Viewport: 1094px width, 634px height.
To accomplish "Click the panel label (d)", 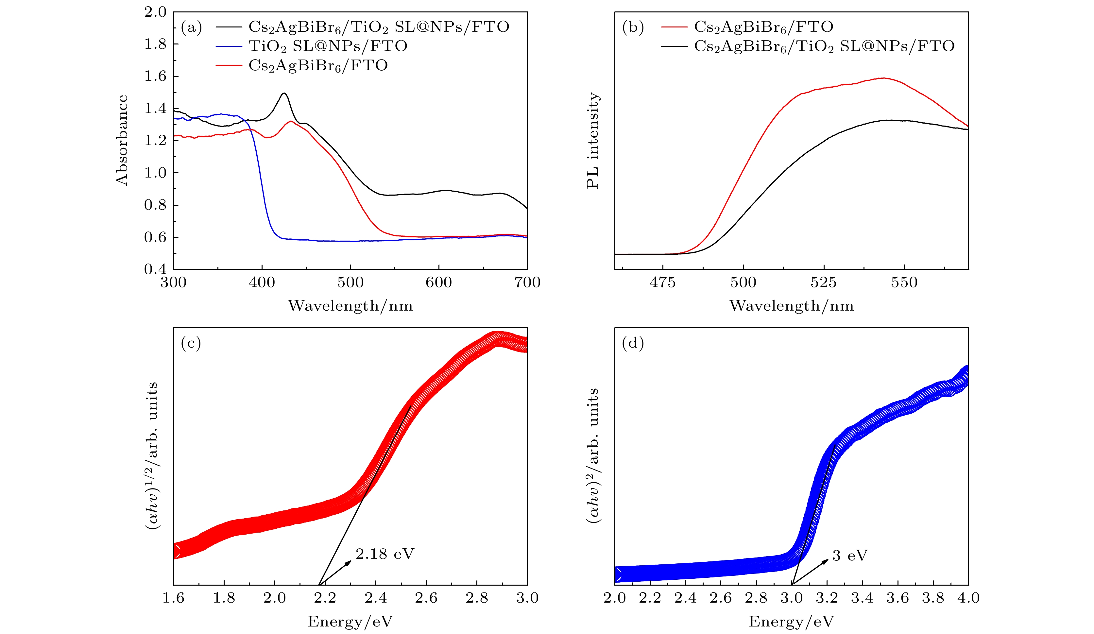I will click(633, 344).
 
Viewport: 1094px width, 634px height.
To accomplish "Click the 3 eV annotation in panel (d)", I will click(849, 556).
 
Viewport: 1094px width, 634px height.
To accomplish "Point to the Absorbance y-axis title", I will click(122, 140).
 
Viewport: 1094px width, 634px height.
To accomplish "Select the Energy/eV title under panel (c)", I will click(350, 621).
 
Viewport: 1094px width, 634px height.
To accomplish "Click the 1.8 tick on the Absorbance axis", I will click(155, 44).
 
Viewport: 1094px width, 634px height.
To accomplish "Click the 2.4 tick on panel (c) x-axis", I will click(376, 598).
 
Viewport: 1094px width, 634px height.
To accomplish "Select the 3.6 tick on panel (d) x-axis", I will click(897, 598).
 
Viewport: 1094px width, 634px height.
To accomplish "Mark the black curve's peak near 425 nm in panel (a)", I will click(284, 94).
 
